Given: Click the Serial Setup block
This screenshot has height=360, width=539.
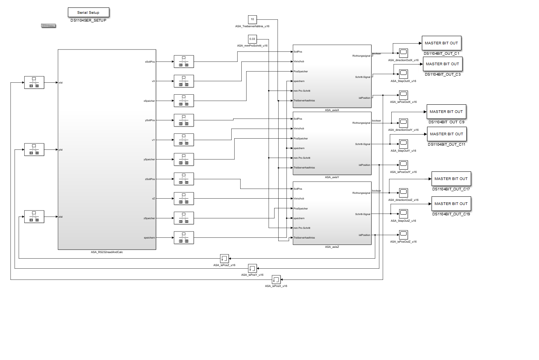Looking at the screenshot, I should (x=88, y=12).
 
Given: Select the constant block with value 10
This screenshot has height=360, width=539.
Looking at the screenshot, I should (x=252, y=19).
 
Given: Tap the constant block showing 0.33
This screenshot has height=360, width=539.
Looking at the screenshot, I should (x=252, y=39).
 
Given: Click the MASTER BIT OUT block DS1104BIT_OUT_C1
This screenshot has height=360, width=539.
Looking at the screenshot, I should (x=441, y=43).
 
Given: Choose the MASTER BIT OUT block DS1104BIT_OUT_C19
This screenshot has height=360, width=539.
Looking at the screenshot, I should (x=451, y=204).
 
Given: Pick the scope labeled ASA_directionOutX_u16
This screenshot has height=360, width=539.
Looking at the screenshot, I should (x=403, y=53).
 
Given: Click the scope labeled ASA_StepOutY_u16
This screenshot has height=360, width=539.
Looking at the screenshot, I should (x=403, y=144).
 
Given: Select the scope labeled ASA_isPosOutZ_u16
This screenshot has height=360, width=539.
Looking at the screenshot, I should (x=403, y=234).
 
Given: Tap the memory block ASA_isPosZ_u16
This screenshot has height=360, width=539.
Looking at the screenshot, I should (x=224, y=258).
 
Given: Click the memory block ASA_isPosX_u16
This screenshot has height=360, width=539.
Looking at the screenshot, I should (x=276, y=280).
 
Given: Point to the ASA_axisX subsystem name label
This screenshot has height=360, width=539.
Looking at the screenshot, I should (x=332, y=110).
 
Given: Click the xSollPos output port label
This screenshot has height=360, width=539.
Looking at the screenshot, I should (x=150, y=62).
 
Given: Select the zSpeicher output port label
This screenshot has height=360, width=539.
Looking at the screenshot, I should (x=149, y=218).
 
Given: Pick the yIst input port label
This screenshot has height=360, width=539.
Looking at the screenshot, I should (x=61, y=150).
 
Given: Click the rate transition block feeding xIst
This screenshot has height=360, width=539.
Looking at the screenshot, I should (x=34, y=82).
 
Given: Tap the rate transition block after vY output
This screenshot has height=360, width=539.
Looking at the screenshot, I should (x=184, y=140).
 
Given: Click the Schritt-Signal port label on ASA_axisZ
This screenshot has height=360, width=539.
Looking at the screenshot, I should (x=363, y=214).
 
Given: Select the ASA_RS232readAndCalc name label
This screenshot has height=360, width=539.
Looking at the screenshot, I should (x=107, y=252).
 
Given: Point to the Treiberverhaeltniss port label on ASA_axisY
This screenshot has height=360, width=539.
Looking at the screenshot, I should (x=304, y=168).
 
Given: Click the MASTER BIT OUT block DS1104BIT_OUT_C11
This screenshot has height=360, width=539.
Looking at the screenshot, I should (x=446, y=134).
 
